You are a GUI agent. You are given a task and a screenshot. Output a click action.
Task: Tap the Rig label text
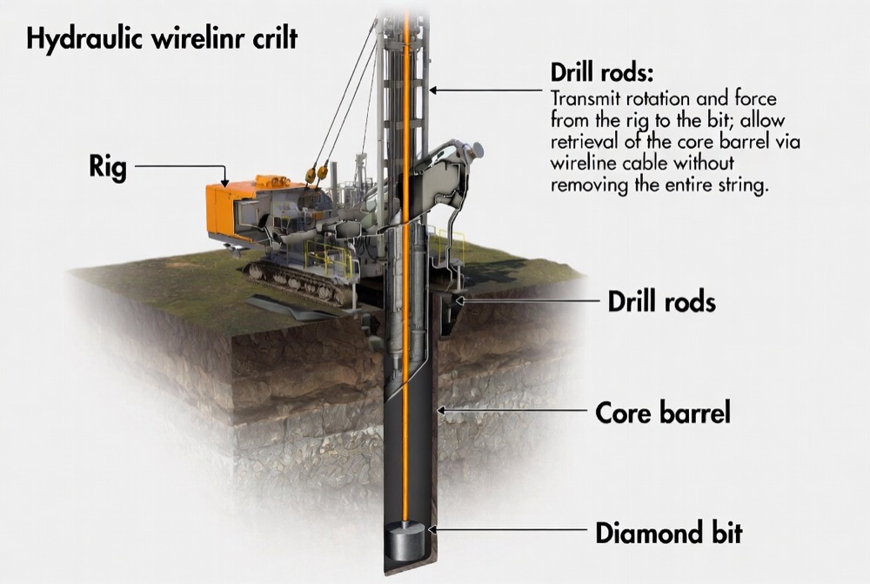tap(108, 165)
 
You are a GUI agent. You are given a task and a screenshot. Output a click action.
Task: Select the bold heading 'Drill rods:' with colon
tap(601, 70)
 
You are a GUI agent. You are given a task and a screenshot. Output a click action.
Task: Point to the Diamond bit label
tap(668, 531)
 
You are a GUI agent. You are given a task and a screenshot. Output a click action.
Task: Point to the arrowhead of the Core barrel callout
tap(440, 410)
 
